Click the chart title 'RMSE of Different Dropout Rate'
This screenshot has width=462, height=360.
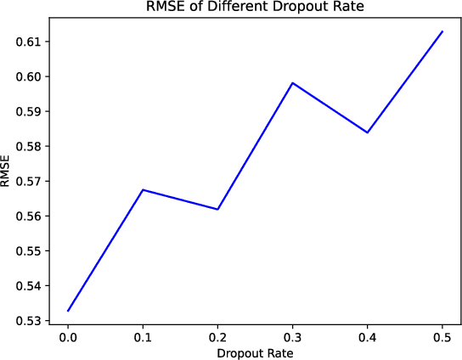click(254, 9)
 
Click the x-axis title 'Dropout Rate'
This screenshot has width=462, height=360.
click(254, 352)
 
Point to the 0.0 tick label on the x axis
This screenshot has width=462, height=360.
click(68, 337)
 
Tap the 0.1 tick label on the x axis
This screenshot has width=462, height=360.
click(143, 337)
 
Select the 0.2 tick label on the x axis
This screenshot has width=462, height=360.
click(217, 337)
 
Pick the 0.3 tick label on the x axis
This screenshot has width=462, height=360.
click(292, 337)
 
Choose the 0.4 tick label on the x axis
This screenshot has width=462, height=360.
click(367, 337)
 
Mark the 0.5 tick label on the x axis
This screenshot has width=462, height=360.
click(442, 337)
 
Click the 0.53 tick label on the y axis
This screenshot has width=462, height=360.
click(28, 321)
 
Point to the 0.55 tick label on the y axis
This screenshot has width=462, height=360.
click(28, 250)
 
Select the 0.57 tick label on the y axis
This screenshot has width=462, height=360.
click(28, 181)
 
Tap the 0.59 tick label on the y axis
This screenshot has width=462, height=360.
click(28, 111)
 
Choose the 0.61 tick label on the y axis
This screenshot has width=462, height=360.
click(28, 42)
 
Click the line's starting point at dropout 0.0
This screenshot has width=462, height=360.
click(68, 311)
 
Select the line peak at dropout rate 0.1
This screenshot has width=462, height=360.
click(143, 190)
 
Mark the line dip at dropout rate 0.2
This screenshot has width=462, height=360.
click(217, 209)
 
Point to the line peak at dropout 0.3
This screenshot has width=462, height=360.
click(292, 83)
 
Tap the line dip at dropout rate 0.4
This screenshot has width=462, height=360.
click(367, 132)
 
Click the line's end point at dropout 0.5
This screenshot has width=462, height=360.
click(442, 31)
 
